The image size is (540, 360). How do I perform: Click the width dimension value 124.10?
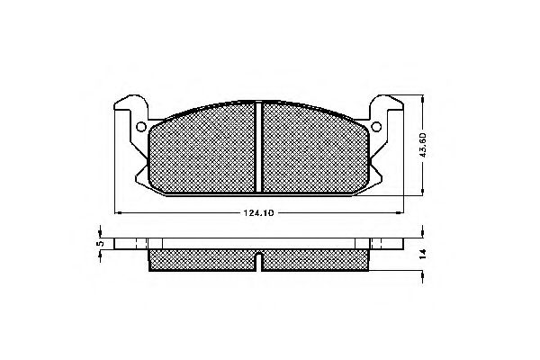(x=257, y=213)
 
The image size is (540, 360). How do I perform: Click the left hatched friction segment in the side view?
(x=202, y=260)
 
